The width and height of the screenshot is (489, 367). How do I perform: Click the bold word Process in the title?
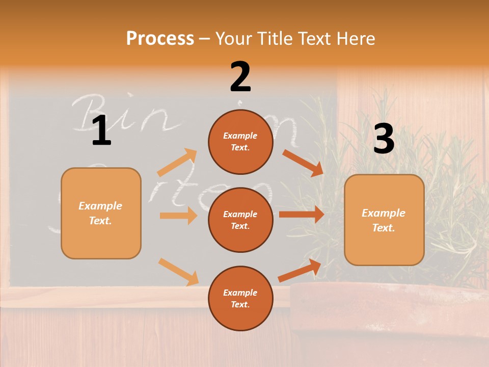point(160,38)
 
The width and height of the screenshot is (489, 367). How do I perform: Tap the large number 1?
point(101,131)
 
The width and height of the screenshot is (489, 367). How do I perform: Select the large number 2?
point(240,77)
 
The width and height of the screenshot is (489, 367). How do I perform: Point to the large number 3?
point(384,139)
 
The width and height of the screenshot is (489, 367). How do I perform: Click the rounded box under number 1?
point(101,213)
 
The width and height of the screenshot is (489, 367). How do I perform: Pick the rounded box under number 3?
point(384,220)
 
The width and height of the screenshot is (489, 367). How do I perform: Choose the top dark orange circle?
point(240,142)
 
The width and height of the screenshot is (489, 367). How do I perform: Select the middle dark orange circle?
point(240,220)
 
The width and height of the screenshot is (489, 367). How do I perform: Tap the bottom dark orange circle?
point(240,298)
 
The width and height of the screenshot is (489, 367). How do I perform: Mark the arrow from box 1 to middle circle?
point(178,216)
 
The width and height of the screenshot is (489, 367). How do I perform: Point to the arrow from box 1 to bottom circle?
point(178,271)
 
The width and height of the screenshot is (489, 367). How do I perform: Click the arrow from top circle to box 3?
point(303,163)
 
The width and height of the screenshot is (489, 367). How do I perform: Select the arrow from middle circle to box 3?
point(301,215)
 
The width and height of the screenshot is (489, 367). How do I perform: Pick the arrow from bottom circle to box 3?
point(300,270)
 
